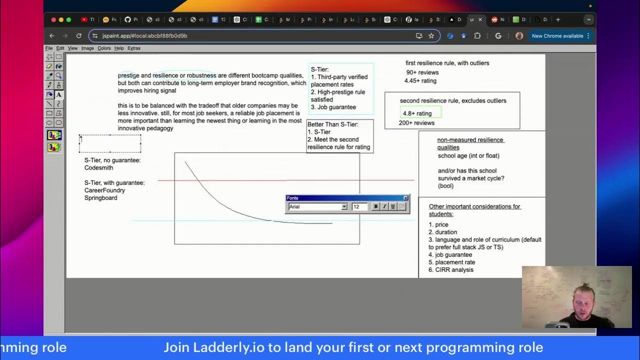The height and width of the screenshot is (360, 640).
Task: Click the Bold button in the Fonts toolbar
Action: point(376,206)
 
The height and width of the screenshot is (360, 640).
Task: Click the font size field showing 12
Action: point(359,206)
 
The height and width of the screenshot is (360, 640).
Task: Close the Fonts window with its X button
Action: point(405,198)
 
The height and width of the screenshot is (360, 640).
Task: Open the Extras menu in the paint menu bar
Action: point(134,48)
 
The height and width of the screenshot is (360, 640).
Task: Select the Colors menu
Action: point(104,48)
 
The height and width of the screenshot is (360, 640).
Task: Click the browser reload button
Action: point(78,36)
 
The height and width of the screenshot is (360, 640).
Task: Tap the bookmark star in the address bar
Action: point(431,36)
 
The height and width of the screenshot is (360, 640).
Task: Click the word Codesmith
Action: point(98,168)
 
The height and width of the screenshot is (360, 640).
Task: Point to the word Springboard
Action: point(100,198)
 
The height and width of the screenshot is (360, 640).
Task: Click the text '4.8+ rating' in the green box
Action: point(417,113)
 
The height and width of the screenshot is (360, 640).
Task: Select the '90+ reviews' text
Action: point(422,72)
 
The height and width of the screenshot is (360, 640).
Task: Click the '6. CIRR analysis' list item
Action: point(450,270)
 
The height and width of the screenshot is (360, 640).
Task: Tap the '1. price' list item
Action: point(438,225)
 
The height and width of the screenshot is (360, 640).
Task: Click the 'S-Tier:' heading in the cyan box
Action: point(319,69)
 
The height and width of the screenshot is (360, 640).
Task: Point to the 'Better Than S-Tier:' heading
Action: point(332,124)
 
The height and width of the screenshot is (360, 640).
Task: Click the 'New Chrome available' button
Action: point(557,36)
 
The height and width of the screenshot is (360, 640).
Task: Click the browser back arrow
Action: point(52,36)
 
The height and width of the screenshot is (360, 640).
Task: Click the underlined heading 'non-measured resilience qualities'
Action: point(470,143)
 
